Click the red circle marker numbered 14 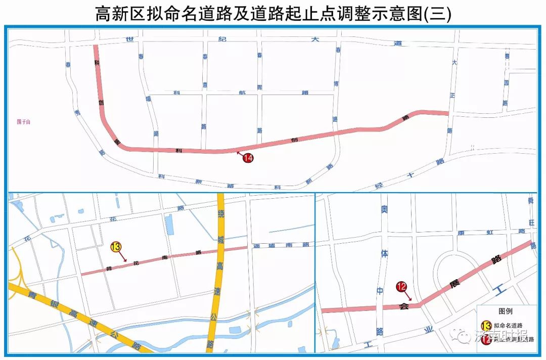248,158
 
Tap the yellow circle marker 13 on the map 116,247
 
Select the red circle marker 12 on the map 402,287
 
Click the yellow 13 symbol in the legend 486,326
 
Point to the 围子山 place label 24,121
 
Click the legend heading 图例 506,311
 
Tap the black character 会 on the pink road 403,306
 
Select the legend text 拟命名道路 508,326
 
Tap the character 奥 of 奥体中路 384,209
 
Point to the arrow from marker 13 122,256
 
